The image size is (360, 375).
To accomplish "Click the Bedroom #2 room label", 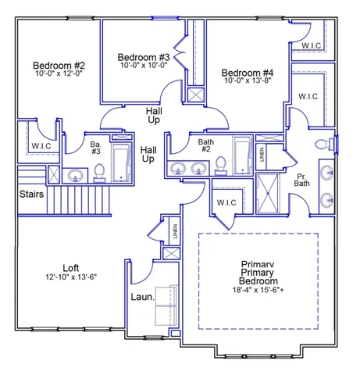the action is [59, 65].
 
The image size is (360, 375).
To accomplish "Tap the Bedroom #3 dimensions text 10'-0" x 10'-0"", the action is [144, 65].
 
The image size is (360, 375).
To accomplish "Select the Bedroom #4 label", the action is [248, 73].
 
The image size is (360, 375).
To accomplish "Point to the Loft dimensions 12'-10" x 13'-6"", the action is [71, 277].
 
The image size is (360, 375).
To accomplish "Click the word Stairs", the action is [31, 194].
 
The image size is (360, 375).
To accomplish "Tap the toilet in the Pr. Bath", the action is [324, 144].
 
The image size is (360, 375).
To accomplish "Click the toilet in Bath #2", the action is [221, 166].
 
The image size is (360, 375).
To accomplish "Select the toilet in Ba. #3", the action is [99, 173].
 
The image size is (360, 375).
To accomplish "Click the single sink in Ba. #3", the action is [76, 176].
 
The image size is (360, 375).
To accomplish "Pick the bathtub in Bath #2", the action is [243, 155].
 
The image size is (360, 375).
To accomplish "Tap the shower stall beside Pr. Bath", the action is [268, 194].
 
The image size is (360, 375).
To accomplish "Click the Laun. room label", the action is [142, 297].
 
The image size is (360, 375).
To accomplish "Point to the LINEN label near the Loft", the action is [175, 231].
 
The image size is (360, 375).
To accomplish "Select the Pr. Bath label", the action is [301, 180].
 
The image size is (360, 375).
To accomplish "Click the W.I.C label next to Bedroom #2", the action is [41, 146].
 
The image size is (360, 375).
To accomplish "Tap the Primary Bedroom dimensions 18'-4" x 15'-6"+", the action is [258, 290].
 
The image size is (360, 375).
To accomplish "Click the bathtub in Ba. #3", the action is [121, 162].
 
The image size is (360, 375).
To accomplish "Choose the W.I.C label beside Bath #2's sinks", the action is [226, 202].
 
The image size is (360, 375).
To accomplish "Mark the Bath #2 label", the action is [206, 145].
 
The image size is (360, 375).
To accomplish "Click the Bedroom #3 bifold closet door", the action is [180, 52].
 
